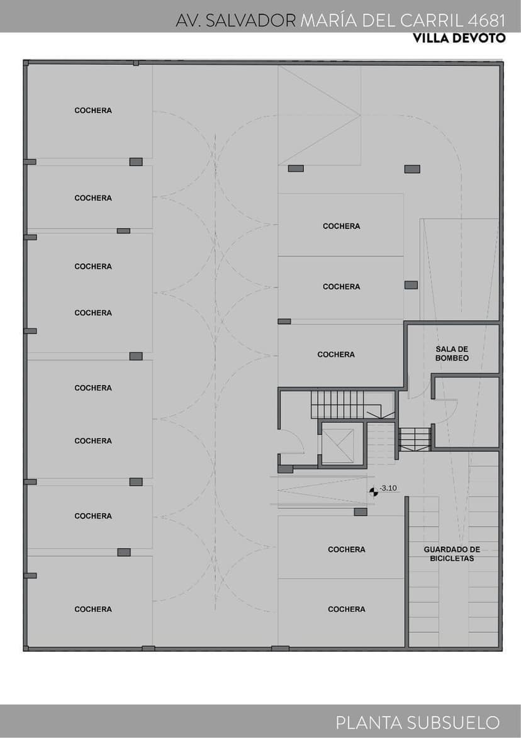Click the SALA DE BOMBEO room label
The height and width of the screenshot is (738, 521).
pyautogui.click(x=452, y=352)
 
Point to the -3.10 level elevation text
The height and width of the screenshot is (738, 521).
pyautogui.click(x=388, y=488)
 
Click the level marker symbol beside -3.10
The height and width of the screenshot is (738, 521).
pyautogui.click(x=374, y=491)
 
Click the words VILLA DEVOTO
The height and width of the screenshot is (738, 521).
pyautogui.click(x=459, y=38)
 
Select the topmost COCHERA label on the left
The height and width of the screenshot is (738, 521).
pyautogui.click(x=93, y=111)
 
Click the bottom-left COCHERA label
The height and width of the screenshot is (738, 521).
pyautogui.click(x=93, y=609)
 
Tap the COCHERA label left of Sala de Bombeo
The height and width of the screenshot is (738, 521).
pyautogui.click(x=336, y=355)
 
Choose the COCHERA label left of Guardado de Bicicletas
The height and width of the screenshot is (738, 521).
pyautogui.click(x=347, y=549)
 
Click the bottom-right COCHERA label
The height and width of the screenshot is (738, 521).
pyautogui.click(x=347, y=609)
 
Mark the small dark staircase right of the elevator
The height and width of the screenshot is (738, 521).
pyautogui.click(x=415, y=439)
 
